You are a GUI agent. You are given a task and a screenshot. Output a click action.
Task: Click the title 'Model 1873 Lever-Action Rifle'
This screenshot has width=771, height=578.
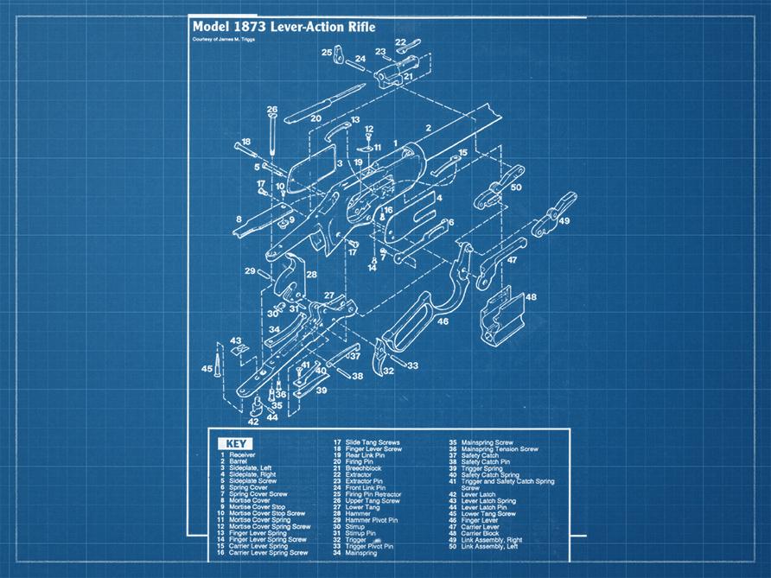(284, 27)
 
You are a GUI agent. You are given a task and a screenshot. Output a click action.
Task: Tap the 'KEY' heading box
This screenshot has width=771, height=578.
(237, 445)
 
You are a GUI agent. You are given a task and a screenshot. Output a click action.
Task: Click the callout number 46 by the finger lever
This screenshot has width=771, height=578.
(443, 321)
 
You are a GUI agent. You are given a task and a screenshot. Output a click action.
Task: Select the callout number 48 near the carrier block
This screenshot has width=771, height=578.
(530, 297)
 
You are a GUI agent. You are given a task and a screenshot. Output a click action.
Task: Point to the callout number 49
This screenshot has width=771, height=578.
(564, 221)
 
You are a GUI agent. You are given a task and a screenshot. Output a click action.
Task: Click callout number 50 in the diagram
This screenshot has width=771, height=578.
(516, 187)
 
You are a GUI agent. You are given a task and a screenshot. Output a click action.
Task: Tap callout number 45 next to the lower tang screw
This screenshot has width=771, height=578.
(207, 369)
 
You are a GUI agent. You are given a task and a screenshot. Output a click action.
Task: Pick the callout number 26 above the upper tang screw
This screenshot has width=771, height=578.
(272, 110)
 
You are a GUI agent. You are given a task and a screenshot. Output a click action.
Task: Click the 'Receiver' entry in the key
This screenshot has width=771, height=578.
(242, 454)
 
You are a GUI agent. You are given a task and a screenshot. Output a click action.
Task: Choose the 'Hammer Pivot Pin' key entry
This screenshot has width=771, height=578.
(372, 521)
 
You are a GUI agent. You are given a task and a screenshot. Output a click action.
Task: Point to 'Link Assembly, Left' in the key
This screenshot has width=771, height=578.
(489, 547)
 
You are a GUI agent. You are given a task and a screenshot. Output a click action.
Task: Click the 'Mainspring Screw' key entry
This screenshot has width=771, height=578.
(487, 441)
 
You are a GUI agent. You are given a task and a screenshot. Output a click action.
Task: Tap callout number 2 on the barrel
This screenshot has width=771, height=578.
(427, 128)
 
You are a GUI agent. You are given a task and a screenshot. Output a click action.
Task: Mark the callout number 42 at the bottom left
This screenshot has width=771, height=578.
(253, 422)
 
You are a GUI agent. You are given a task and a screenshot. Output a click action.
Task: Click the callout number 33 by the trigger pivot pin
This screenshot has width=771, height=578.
(412, 366)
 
